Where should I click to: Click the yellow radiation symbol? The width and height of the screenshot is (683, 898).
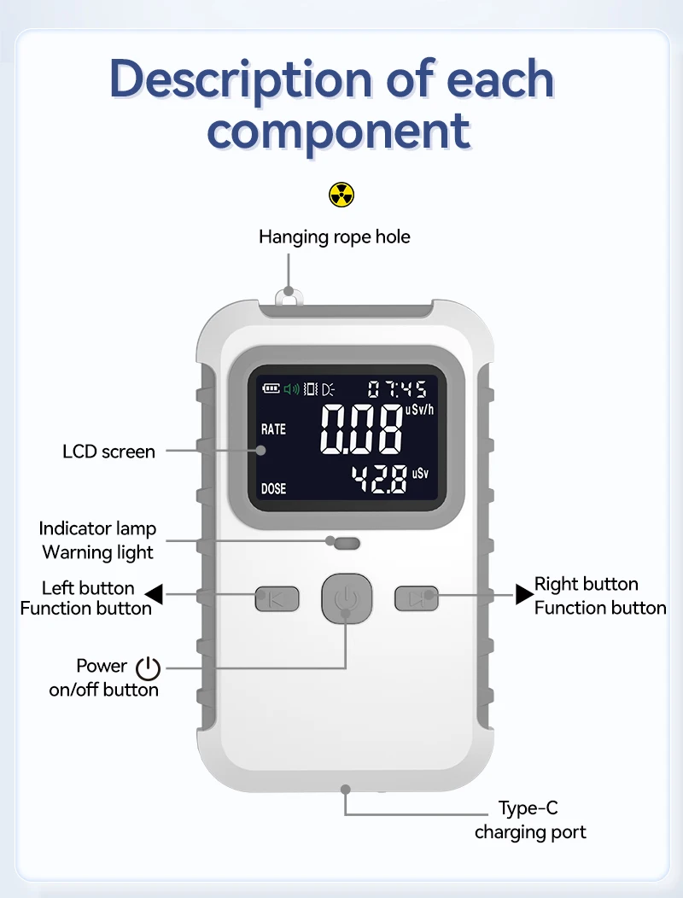click(341, 195)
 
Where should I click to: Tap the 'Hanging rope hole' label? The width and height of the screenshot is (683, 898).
click(335, 236)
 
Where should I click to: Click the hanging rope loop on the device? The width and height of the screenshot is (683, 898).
click(289, 296)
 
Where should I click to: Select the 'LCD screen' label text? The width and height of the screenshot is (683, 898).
click(109, 451)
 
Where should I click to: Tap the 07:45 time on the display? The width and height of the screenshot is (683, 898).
click(397, 390)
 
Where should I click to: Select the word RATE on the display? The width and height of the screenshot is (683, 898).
click(273, 429)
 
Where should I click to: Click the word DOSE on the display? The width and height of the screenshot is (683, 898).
click(273, 489)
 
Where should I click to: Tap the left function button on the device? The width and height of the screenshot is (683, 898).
click(277, 598)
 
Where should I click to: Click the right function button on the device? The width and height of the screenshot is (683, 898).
click(416, 598)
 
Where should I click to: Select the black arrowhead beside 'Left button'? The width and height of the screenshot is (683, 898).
click(154, 594)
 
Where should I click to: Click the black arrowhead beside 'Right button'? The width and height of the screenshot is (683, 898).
click(524, 594)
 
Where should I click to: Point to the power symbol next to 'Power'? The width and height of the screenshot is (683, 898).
click(148, 668)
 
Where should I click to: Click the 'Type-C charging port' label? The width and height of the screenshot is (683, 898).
click(530, 819)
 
